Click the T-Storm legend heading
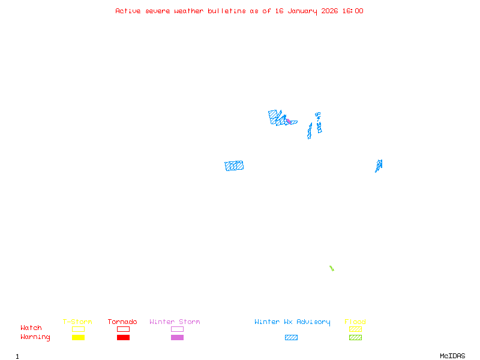coord(77,322)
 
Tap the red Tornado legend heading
coord(122,322)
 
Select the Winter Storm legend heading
coord(175,322)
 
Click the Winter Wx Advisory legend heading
coord(292,322)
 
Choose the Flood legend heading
coord(355,322)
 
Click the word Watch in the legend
coord(31,328)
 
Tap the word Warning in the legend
coord(35,337)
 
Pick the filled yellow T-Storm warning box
coord(78,338)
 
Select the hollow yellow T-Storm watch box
coord(78,329)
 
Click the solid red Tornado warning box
coord(123,338)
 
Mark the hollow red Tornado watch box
coord(123,329)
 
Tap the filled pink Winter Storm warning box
coord(177,338)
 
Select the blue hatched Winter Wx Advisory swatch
coord(291,338)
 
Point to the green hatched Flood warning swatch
coord(355,338)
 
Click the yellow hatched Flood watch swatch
coord(355,329)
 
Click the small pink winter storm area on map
coord(289,121)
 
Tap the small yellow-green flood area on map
coord(331,268)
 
